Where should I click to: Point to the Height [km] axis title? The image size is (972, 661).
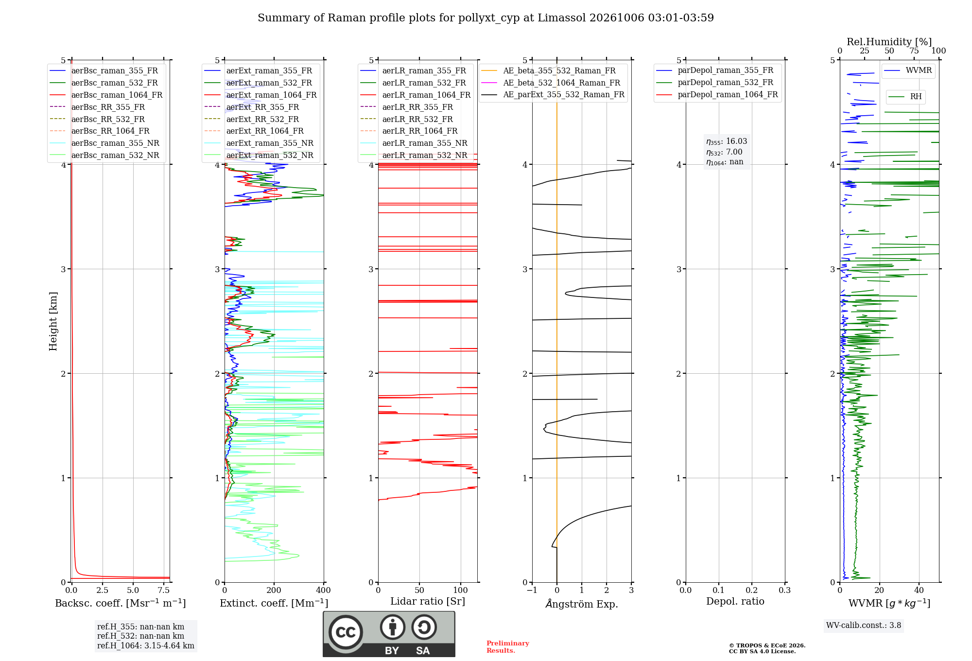tap(53, 321)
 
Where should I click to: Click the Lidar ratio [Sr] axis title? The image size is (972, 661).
tap(428, 601)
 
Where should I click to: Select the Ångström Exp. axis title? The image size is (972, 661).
tap(582, 604)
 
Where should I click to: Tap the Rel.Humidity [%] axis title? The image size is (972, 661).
tap(889, 42)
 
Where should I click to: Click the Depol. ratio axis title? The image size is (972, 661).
tap(735, 601)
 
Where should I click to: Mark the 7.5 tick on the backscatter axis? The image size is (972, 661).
tap(164, 590)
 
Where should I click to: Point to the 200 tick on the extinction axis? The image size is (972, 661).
tap(274, 590)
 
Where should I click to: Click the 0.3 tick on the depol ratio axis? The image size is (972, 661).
tap(785, 590)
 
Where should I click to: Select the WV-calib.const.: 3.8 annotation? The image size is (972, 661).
tap(864, 626)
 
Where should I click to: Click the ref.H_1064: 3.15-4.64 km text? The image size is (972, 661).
tap(146, 646)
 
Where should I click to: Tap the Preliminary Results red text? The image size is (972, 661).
tap(508, 647)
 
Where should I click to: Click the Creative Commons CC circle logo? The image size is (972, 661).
tap(346, 632)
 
